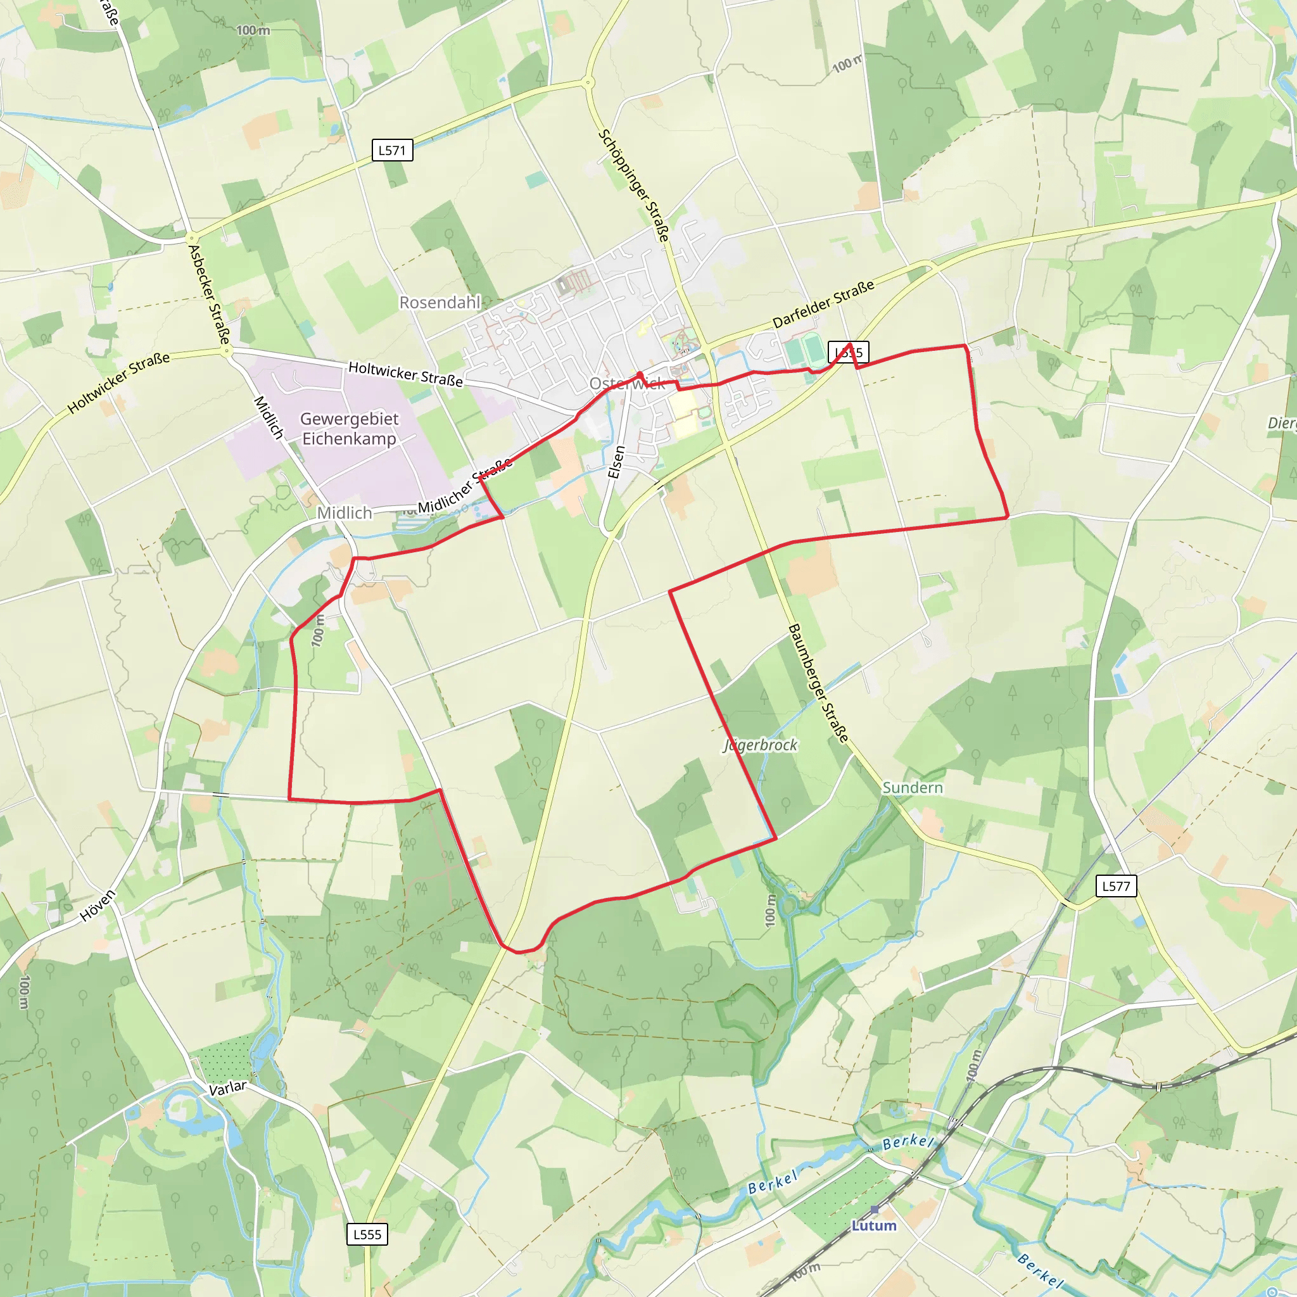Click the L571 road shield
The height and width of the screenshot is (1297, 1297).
(392, 150)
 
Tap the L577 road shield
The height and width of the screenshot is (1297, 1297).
(1117, 886)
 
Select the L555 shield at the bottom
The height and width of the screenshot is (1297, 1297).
(367, 1234)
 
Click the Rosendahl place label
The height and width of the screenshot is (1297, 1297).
(440, 303)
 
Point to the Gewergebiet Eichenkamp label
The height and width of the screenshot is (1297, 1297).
(349, 428)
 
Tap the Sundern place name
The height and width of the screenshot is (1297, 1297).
(913, 787)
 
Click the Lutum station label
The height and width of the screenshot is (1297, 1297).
(874, 1225)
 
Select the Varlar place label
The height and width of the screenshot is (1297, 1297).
(227, 1088)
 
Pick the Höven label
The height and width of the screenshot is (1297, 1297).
(98, 905)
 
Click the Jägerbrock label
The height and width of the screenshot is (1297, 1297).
(761, 745)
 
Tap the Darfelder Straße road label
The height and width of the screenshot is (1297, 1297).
(823, 303)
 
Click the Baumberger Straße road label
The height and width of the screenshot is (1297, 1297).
(818, 683)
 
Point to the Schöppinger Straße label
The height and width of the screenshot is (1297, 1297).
(633, 186)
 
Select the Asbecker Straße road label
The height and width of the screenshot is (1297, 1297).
(209, 294)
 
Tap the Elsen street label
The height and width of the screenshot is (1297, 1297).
(616, 462)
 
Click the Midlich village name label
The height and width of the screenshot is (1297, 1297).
(345, 513)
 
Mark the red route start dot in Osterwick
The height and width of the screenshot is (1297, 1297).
(640, 375)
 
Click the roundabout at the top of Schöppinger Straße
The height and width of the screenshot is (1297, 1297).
(588, 82)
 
